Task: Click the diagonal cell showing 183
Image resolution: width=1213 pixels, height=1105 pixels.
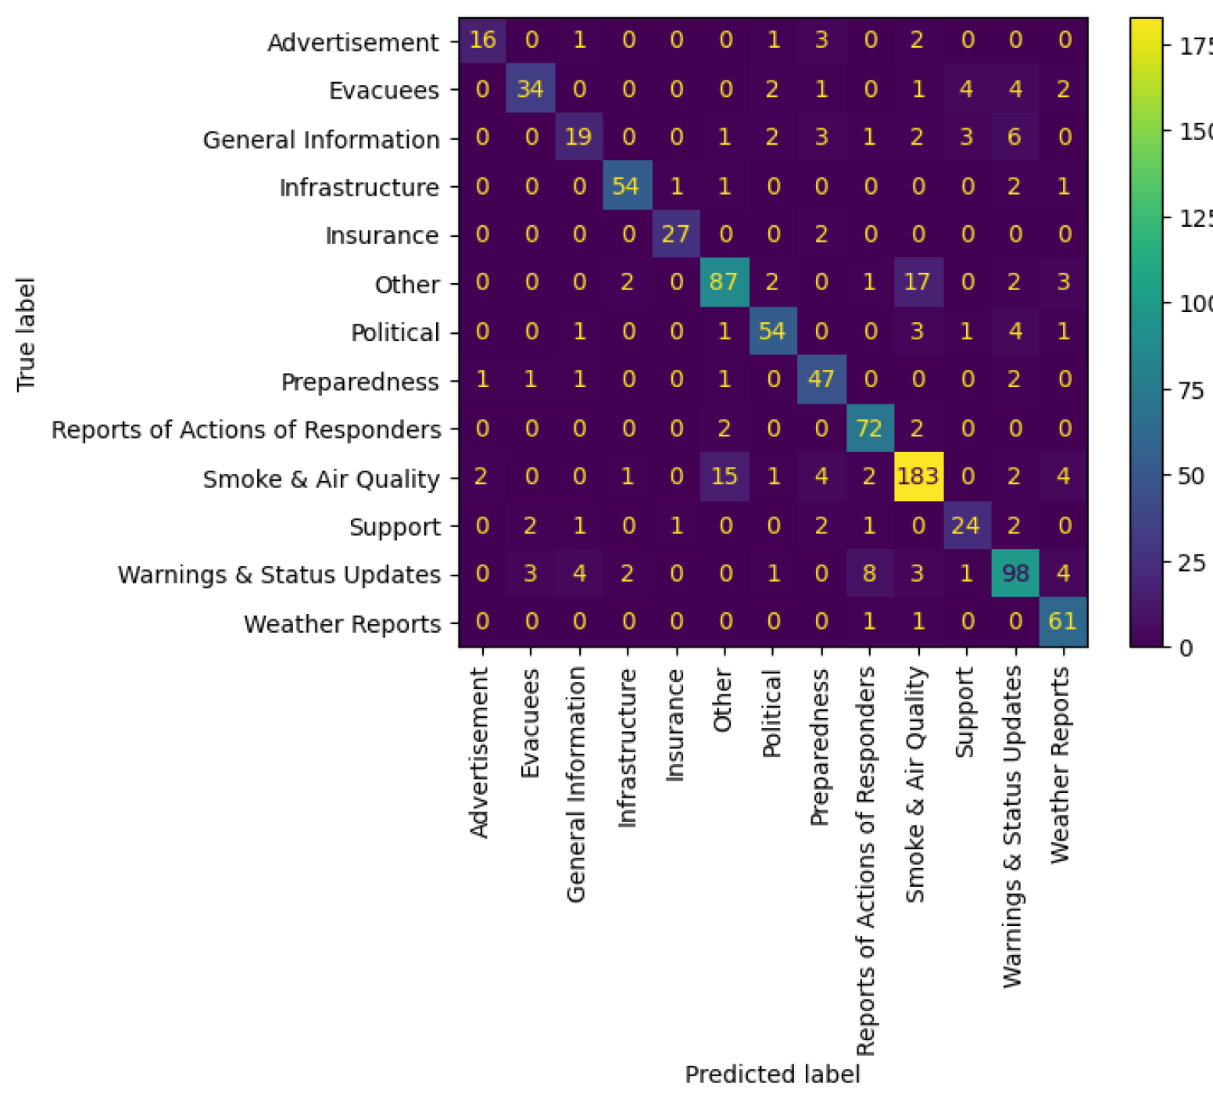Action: (x=918, y=476)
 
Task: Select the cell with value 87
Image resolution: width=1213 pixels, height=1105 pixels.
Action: (x=725, y=282)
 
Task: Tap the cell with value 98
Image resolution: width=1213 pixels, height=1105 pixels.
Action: (x=1014, y=573)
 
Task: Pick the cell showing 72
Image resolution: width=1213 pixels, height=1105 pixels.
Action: (x=869, y=428)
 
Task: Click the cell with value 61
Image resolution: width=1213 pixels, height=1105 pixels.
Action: (x=1063, y=622)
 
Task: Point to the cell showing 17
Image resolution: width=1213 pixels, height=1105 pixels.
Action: (x=918, y=282)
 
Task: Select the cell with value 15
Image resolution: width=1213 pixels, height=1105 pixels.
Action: (x=725, y=476)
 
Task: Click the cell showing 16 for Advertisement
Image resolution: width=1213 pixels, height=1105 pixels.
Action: (x=483, y=39)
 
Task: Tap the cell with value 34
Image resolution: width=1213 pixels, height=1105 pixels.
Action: (x=531, y=88)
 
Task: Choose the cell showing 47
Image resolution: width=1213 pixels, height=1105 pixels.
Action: (x=821, y=379)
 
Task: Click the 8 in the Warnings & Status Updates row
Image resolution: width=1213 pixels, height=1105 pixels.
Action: (x=869, y=573)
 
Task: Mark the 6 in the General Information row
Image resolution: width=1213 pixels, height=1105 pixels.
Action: (x=1014, y=137)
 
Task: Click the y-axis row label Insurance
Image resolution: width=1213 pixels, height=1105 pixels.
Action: (x=381, y=235)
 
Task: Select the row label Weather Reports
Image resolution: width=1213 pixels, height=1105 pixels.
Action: (x=342, y=624)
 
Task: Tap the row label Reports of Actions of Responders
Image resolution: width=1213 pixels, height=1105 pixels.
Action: (x=246, y=430)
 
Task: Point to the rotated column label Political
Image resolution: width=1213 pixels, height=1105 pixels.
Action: (x=772, y=713)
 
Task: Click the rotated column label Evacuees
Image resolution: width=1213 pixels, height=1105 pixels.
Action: (x=531, y=723)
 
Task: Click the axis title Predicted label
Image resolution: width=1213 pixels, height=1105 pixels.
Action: (x=772, y=1075)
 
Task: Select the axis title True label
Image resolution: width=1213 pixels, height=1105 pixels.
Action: (x=26, y=334)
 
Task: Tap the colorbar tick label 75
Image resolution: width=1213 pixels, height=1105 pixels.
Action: (x=1190, y=390)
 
